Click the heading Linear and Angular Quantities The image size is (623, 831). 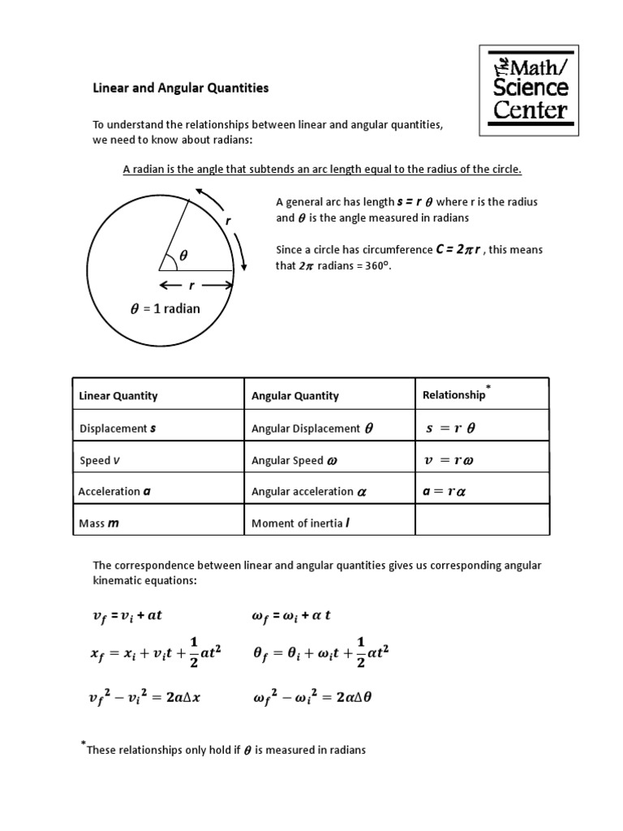pyautogui.click(x=179, y=88)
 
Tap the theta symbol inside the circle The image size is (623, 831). pyautogui.click(x=183, y=255)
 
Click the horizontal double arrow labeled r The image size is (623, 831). pyautogui.click(x=195, y=285)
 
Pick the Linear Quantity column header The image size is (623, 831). pyautogui.click(x=118, y=396)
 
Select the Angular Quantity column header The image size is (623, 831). pyautogui.click(x=295, y=396)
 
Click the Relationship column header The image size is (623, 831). pyautogui.click(x=454, y=395)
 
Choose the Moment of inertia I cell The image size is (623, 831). pyautogui.click(x=300, y=523)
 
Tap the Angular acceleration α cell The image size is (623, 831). pyautogui.click(x=309, y=492)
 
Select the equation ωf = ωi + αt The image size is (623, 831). pyautogui.click(x=291, y=616)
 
